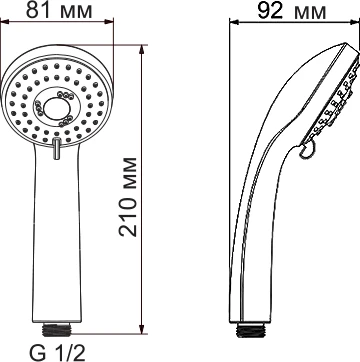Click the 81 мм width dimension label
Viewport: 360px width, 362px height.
click(59, 10)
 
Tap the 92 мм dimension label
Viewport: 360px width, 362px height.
click(292, 11)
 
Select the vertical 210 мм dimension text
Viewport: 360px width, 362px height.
click(128, 197)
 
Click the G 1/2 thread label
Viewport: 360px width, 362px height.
click(57, 353)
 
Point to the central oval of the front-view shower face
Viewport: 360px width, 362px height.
click(56, 109)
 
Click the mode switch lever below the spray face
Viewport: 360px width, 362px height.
click(57, 148)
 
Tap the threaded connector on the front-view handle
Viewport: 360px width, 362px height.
click(57, 328)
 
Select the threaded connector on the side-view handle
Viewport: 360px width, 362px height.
click(251, 329)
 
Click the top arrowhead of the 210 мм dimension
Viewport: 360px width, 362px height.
click(142, 49)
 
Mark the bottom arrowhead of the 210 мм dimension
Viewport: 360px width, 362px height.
click(142, 329)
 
